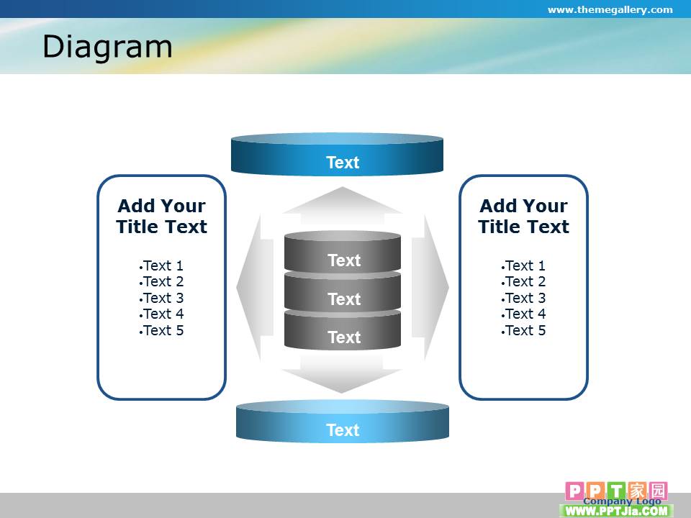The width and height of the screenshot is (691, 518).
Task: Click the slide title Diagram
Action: click(x=107, y=47)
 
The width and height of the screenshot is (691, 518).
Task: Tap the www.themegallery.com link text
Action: click(x=610, y=9)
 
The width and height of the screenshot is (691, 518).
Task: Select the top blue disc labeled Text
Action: click(x=337, y=154)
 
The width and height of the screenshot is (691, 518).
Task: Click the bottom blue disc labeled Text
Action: click(x=343, y=422)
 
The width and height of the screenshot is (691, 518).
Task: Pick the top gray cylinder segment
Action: click(x=343, y=253)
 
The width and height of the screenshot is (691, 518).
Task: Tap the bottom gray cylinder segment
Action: click(x=343, y=330)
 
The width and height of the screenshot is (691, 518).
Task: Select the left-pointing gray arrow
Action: click(x=255, y=287)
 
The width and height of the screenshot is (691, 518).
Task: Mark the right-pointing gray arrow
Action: click(x=430, y=287)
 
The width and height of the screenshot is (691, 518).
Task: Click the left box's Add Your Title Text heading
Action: click(x=162, y=217)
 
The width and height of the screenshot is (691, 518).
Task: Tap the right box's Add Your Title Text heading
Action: click(x=523, y=217)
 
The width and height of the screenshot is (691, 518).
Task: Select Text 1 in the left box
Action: click(x=161, y=265)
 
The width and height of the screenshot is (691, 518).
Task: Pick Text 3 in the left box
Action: click(x=161, y=298)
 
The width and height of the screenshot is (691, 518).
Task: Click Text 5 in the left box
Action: click(x=161, y=330)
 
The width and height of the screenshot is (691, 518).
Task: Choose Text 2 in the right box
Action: click(x=523, y=281)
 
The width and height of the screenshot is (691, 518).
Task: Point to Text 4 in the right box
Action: click(x=523, y=314)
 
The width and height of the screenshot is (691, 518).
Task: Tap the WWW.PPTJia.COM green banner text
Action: click(x=616, y=511)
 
